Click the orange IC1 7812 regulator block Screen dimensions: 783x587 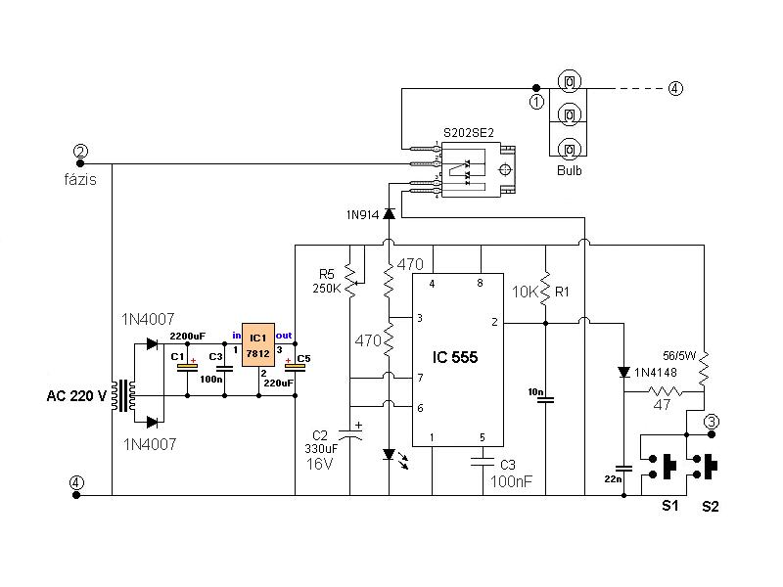258,345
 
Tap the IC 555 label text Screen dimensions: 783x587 455,357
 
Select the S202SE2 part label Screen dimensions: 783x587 469,133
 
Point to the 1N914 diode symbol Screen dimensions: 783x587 389,214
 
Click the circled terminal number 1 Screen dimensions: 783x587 536,103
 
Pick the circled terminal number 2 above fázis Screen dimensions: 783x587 80,151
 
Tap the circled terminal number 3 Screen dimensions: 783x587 712,422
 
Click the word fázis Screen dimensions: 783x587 80,179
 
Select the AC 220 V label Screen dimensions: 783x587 76,396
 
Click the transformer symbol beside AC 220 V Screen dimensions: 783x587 123,396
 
